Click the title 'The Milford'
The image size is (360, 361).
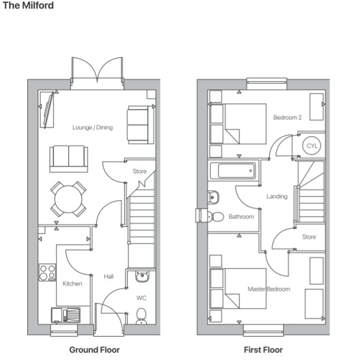tap(28, 6)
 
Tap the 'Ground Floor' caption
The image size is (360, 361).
tap(94, 349)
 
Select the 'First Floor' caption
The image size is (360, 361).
tap(264, 349)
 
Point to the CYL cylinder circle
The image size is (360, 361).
tap(312, 146)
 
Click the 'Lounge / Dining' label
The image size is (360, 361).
tap(93, 127)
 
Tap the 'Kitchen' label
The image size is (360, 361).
tap(72, 283)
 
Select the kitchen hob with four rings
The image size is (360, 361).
tap(48, 272)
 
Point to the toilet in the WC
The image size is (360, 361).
tap(141, 315)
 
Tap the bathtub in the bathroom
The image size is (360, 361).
tap(232, 171)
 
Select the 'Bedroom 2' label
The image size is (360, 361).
tap(288, 118)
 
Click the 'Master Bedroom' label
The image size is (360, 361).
tap(268, 289)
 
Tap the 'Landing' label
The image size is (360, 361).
tap(277, 196)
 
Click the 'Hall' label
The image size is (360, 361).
tap(108, 276)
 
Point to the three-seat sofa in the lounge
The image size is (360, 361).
tap(68, 158)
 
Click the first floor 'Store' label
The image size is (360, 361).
tap(309, 236)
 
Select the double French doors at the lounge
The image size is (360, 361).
tap(97, 72)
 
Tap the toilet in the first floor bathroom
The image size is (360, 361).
tap(214, 217)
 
